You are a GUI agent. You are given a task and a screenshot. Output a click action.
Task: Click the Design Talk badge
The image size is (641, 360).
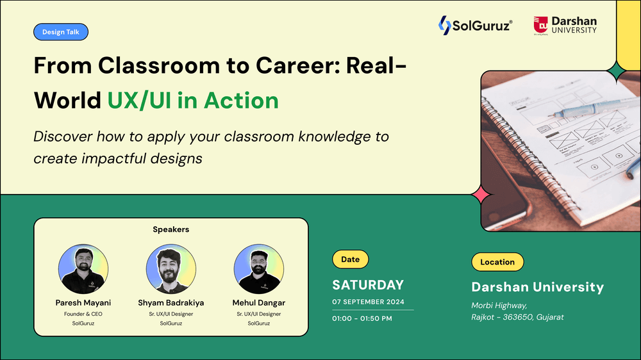(60, 32)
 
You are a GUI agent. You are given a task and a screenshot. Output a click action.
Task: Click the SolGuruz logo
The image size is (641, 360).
(475, 26)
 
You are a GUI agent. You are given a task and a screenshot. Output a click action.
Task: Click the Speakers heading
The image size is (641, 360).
(171, 229)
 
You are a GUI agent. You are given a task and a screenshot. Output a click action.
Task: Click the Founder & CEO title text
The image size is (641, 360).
(83, 314)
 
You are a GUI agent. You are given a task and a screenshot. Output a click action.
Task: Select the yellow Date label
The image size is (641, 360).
(350, 259)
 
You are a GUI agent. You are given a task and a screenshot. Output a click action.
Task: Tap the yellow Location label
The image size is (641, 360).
(497, 262)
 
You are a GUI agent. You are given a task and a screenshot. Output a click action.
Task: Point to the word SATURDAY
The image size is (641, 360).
(368, 285)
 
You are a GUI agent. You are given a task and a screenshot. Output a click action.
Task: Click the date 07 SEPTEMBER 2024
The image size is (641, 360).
(368, 302)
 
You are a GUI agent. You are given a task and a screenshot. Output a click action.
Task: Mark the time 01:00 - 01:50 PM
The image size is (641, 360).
(362, 318)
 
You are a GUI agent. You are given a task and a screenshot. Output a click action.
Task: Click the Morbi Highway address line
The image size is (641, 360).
(499, 306)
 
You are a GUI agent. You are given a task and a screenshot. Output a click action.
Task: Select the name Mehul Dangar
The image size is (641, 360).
(258, 302)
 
